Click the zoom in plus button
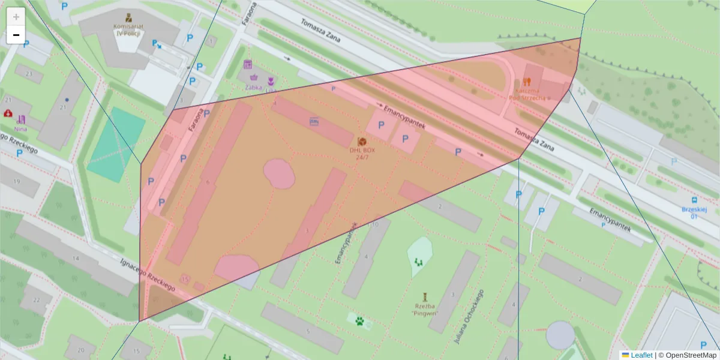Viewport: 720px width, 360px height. pyautogui.click(x=16, y=17)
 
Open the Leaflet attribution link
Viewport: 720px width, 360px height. pyautogui.click(x=641, y=355)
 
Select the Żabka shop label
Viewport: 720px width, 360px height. pyautogui.click(x=254, y=86)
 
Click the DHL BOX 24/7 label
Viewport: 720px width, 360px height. pyautogui.click(x=362, y=154)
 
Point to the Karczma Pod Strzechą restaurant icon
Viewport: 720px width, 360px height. pyautogui.click(x=527, y=80)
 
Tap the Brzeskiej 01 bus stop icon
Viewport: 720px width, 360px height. pyautogui.click(x=694, y=200)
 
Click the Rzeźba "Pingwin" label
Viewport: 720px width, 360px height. pyautogui.click(x=426, y=308)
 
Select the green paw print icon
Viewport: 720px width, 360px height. pyautogui.click(x=360, y=321)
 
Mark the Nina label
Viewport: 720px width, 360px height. pyautogui.click(x=21, y=128)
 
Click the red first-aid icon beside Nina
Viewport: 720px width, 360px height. pyautogui.click(x=8, y=113)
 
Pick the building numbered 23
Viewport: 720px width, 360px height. pyautogui.click(x=28, y=73)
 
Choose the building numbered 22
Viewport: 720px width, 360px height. pyautogui.click(x=37, y=301)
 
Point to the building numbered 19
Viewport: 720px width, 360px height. pyautogui.click(x=17, y=181)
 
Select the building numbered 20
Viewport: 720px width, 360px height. pyautogui.click(x=81, y=350)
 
